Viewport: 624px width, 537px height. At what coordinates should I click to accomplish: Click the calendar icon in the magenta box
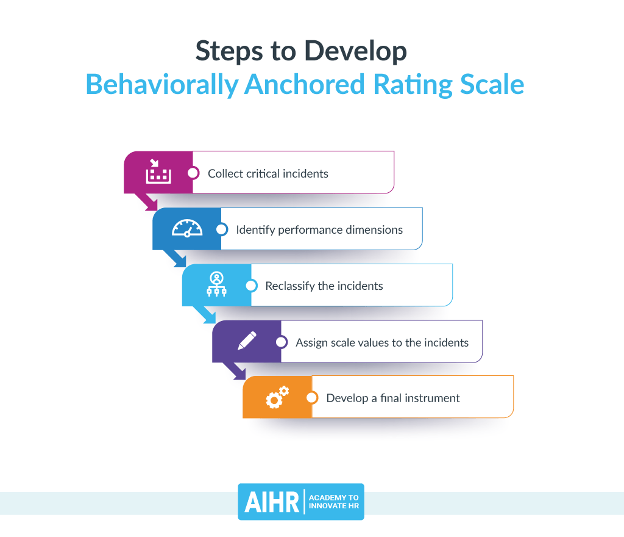(158, 173)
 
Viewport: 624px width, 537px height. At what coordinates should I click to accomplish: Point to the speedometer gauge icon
(186, 229)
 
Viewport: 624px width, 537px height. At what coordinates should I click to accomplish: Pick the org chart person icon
(216, 285)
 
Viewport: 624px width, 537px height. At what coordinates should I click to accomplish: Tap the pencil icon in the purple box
(247, 341)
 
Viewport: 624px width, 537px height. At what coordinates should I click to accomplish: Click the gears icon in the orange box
(277, 397)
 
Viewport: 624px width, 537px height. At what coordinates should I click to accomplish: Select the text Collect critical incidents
(268, 174)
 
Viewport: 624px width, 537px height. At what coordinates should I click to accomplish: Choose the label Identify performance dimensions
(319, 230)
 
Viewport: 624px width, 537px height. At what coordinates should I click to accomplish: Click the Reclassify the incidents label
(324, 286)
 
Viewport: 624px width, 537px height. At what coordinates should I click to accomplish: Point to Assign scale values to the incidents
(382, 342)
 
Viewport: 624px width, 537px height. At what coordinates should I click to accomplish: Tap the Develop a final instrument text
(393, 398)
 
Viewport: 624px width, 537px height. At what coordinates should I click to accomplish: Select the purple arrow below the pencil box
(235, 371)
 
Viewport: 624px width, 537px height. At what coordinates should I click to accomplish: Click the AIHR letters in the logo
(272, 502)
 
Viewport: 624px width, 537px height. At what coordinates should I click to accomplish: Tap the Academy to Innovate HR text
(334, 502)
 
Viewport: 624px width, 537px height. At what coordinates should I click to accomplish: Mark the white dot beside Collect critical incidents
(193, 173)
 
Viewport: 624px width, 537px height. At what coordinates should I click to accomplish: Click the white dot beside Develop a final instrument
(312, 397)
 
